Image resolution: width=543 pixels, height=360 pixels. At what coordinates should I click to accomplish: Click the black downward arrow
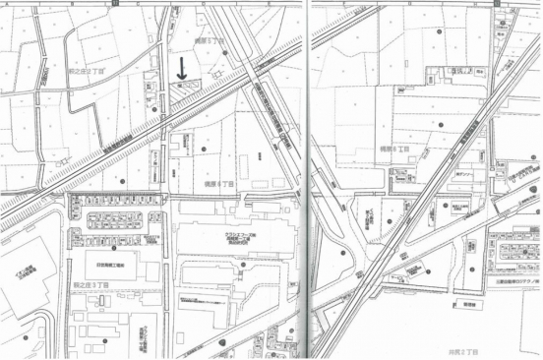(x=181, y=68)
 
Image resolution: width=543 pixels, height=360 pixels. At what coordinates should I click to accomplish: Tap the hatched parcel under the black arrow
(x=183, y=88)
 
